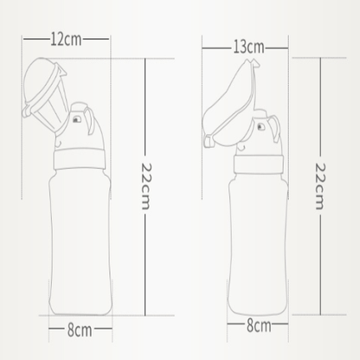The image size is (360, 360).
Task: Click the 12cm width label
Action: tap(66, 39)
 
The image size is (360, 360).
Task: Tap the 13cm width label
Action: tap(248, 47)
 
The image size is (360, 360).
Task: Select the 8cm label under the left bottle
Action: tap(80, 331)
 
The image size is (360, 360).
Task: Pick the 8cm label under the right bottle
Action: tap(259, 325)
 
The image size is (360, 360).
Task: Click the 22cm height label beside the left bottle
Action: tap(146, 186)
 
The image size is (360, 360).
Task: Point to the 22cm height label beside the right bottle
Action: tap(320, 186)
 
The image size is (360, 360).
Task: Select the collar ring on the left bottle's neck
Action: tap(80, 159)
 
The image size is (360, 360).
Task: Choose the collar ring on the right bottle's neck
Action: tap(259, 164)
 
